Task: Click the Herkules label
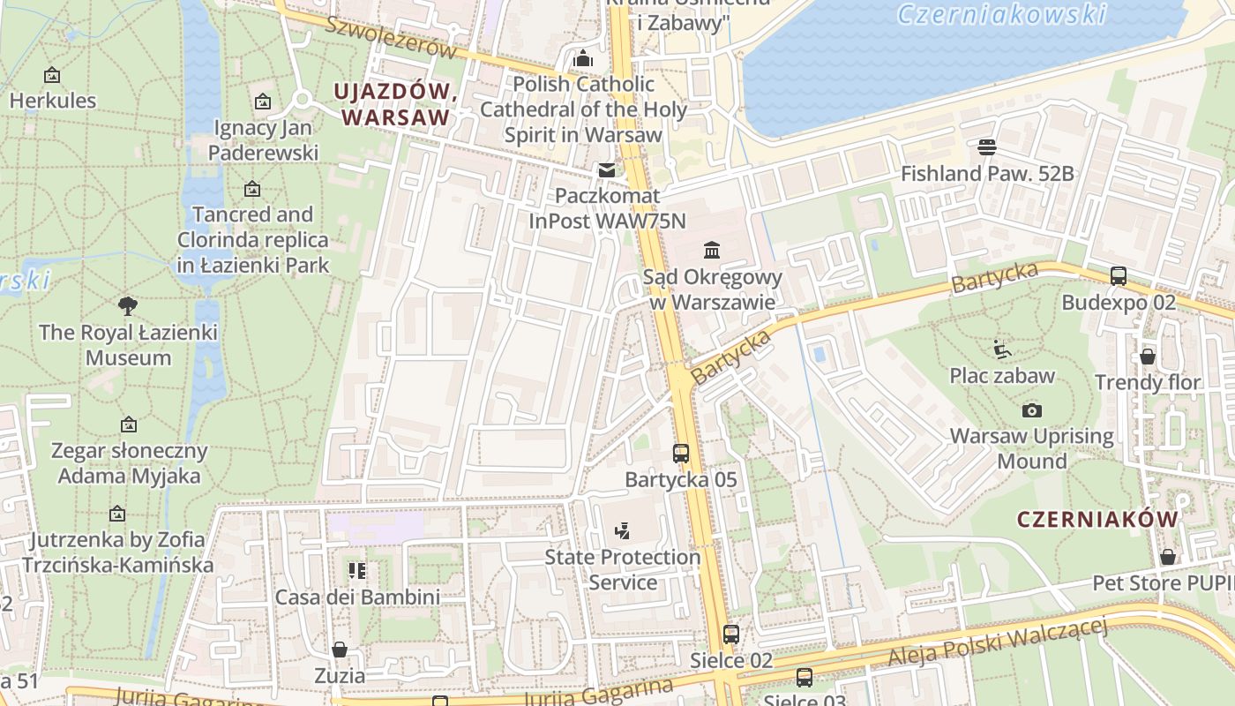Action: pos(52,100)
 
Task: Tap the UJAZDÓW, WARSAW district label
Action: pos(394,104)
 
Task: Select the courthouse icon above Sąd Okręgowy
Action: pos(712,251)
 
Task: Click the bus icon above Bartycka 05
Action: pos(680,454)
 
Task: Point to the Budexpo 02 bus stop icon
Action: pos(1119,276)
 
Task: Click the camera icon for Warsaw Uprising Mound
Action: pos(1031,410)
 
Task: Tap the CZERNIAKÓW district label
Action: pos(1097,519)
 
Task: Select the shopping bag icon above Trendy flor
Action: pos(1147,357)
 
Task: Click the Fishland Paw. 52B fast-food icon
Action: pos(986,146)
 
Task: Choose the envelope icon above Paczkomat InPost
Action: pos(606,169)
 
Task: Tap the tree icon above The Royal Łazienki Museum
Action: pos(128,306)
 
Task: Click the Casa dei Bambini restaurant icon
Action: pos(356,571)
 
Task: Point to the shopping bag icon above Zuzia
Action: pos(340,650)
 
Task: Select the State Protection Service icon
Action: pos(622,531)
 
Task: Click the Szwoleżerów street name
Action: pos(391,37)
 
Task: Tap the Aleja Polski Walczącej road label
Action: pos(997,642)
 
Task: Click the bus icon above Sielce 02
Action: pos(730,634)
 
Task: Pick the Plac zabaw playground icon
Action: pos(1001,349)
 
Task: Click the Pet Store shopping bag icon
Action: pos(1167,557)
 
